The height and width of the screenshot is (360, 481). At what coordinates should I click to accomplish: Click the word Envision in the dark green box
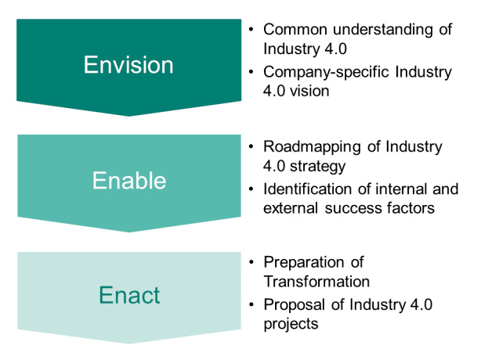point(128,65)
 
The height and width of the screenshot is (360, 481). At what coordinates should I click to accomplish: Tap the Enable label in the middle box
point(128,181)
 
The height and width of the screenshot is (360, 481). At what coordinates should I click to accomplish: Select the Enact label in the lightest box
point(128,295)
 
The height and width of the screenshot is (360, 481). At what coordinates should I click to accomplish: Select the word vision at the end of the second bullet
point(312,91)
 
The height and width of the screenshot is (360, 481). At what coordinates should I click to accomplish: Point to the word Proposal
point(291,304)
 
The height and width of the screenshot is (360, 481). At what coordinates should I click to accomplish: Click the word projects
point(291,323)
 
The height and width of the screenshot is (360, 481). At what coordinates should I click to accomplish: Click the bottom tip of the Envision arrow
point(128,115)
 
